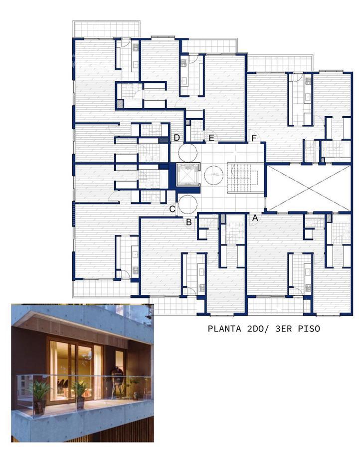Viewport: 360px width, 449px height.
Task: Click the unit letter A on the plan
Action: [x=255, y=218]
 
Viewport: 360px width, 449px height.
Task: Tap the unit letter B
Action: [x=188, y=222]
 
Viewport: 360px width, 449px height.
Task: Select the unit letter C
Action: [x=172, y=210]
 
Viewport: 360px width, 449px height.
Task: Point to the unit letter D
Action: [x=177, y=138]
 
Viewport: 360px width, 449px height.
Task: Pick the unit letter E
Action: [x=211, y=138]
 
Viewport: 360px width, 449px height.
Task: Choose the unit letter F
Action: [x=254, y=138]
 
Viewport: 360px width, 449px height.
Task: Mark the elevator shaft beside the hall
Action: [x=187, y=175]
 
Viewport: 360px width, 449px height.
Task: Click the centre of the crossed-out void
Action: [x=308, y=188]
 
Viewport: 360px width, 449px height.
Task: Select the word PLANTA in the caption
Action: [x=224, y=328]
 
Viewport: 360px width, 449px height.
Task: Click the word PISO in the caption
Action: [x=309, y=328]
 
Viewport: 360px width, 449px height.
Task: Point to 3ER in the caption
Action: [x=283, y=328]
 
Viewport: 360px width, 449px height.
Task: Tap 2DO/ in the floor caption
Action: [x=258, y=328]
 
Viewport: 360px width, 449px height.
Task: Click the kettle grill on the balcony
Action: [x=117, y=383]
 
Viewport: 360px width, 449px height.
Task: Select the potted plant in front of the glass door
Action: [x=80, y=395]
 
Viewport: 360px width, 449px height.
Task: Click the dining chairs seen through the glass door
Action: [x=63, y=387]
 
